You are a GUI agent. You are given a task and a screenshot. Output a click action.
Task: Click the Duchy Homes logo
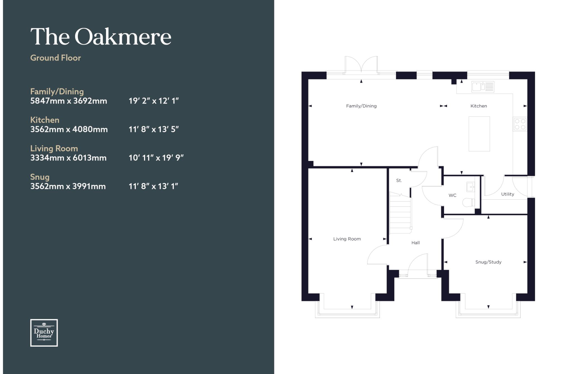[44, 333]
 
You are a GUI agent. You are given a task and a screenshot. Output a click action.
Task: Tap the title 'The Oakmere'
[101, 36]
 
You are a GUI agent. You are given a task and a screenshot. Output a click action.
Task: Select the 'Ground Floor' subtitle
[56, 58]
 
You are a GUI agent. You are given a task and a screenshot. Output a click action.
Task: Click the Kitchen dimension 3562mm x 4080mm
[69, 129]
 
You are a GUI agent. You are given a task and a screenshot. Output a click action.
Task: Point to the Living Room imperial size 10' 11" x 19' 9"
[156, 158]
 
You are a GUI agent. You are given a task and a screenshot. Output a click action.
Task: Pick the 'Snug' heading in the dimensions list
[40, 177]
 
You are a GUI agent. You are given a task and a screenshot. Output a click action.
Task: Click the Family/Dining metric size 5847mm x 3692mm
[69, 101]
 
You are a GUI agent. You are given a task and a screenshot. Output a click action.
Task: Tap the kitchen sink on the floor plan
[483, 87]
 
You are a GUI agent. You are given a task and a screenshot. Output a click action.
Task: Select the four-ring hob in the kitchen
[520, 124]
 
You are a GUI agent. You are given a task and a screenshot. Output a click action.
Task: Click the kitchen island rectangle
[479, 134]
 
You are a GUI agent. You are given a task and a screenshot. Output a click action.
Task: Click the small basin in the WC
[471, 187]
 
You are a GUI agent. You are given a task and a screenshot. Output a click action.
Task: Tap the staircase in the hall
[401, 213]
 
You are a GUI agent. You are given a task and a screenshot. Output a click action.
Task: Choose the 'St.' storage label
[399, 181]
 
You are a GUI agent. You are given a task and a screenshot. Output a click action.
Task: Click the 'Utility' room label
[508, 194]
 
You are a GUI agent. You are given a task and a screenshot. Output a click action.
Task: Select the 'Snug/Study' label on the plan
[488, 262]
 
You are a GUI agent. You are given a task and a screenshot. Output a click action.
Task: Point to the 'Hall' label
[416, 243]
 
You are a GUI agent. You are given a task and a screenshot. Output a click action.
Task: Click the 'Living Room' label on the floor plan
[347, 239]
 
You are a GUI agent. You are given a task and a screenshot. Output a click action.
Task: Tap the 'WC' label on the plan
[452, 195]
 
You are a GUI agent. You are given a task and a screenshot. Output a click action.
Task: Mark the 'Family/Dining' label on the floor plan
[361, 106]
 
